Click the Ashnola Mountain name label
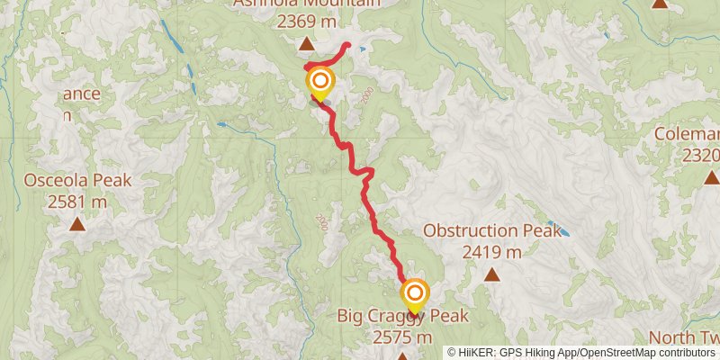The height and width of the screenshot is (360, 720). [x=306, y=4]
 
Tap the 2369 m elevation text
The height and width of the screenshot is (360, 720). [x=307, y=21]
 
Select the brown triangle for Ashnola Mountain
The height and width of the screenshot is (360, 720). [x=307, y=43]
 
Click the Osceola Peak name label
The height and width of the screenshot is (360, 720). [x=77, y=180]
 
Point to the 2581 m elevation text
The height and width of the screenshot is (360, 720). [x=77, y=202]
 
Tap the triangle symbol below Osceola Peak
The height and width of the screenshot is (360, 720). [x=77, y=223]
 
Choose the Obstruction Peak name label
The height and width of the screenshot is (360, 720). [x=492, y=231]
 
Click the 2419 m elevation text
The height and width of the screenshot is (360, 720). [x=492, y=252]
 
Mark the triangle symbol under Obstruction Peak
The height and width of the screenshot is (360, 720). [x=492, y=274]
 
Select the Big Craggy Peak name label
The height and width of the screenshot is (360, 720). [x=403, y=316]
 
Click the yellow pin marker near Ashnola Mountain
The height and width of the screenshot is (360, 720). [x=319, y=85]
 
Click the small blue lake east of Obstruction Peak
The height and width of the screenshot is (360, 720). [x=562, y=233]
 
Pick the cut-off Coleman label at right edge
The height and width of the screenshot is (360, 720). [x=688, y=135]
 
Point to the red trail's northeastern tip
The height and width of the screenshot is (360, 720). [x=347, y=44]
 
